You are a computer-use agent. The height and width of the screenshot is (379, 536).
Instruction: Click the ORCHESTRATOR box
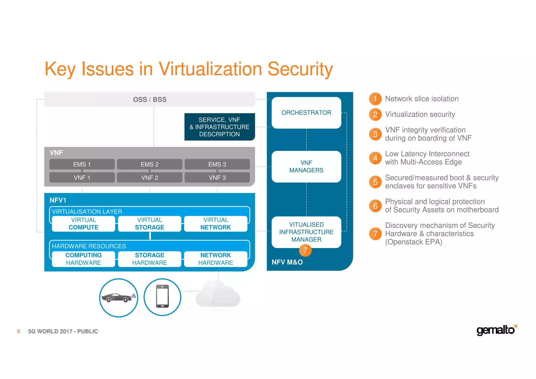306,113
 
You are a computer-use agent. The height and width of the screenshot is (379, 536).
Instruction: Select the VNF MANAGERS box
306,167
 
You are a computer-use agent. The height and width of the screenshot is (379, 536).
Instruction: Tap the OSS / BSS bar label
150,100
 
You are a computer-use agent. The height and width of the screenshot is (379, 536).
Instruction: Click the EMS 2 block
149,164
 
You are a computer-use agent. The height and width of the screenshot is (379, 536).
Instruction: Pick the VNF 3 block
217,178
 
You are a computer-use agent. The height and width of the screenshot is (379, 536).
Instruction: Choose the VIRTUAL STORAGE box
149,224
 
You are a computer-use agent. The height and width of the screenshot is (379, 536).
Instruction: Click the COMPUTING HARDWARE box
83,259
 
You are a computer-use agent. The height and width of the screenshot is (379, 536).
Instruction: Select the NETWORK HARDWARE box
216,259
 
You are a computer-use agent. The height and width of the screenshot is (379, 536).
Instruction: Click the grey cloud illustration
218,295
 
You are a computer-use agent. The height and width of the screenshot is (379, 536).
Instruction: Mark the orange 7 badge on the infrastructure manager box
305,251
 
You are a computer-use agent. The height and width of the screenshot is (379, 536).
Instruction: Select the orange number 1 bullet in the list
375,99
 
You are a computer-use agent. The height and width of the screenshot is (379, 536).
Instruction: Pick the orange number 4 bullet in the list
375,158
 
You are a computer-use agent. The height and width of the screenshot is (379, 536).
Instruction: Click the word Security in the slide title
300,69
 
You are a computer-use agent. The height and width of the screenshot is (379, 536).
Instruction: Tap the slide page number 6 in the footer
19,331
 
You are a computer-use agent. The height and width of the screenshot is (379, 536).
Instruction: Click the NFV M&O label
287,262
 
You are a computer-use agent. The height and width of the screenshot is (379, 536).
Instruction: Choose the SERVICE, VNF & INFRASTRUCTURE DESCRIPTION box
220,127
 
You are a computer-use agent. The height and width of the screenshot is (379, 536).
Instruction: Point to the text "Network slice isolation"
422,99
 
